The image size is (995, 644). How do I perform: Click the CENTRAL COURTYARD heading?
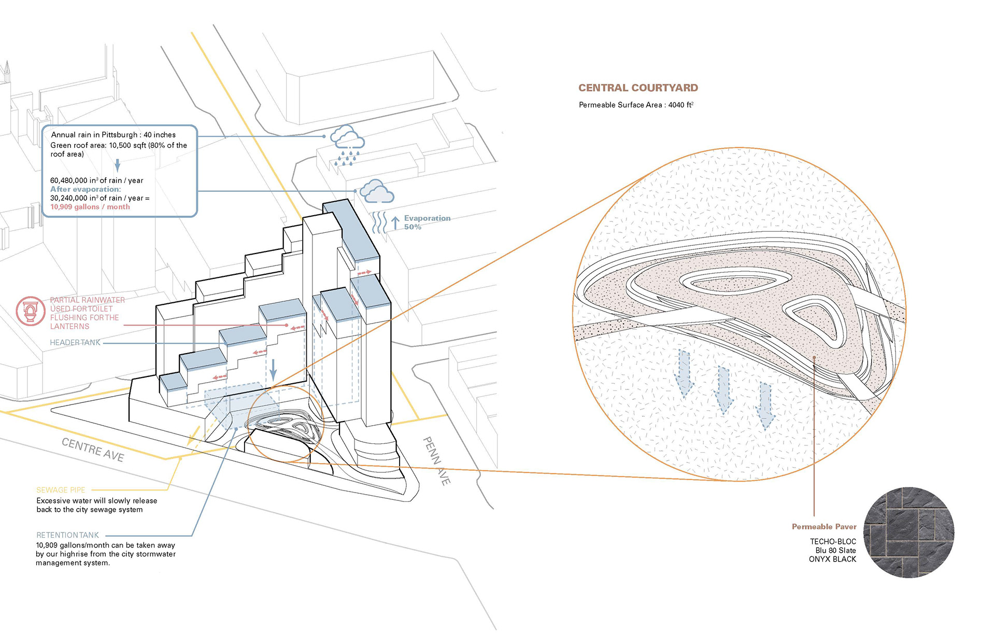pos(638,88)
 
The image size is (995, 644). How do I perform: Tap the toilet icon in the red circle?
pos(30,311)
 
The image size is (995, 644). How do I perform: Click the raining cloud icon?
pos(347,144)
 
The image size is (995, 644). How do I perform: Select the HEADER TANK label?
pos(75,343)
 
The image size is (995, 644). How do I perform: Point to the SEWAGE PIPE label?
pos(61,490)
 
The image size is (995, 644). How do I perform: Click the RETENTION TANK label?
pos(67,535)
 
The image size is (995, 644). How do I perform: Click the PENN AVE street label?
pos(437,461)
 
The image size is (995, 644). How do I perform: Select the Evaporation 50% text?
pos(427,222)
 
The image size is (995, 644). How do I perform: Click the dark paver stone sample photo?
pos(909,533)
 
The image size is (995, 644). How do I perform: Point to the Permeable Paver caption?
pos(824,527)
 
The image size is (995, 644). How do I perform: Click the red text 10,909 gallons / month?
pos(90,207)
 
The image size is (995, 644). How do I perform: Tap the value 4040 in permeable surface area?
pos(676,105)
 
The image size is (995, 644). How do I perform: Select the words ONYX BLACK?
pos(832,559)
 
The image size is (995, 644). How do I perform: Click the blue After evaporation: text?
pos(86,189)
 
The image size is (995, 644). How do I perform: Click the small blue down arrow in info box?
pos(118,165)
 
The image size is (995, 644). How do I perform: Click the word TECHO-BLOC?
pos(833,542)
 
